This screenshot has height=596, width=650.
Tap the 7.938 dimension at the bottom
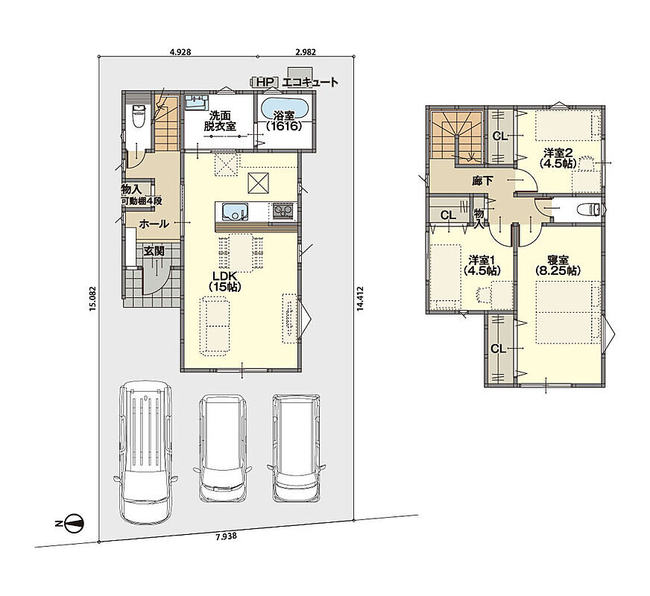click(227, 536)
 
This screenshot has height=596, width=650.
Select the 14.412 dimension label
click(360, 298)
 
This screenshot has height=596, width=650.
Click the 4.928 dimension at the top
click(180, 52)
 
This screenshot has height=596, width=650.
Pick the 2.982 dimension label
click(306, 52)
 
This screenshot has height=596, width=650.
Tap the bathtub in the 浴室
click(285, 112)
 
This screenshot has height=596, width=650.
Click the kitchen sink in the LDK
click(235, 212)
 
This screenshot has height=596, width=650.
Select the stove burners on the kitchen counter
click(283, 212)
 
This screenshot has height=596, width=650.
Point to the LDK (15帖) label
click(225, 281)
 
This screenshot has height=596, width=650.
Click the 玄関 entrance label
click(154, 251)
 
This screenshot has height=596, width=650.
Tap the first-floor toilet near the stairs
click(138, 116)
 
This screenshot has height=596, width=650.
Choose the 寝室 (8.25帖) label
click(558, 265)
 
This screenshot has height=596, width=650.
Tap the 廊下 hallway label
click(482, 180)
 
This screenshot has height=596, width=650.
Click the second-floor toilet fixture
click(590, 209)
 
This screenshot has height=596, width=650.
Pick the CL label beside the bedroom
click(499, 349)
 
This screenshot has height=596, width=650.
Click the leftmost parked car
click(145, 452)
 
